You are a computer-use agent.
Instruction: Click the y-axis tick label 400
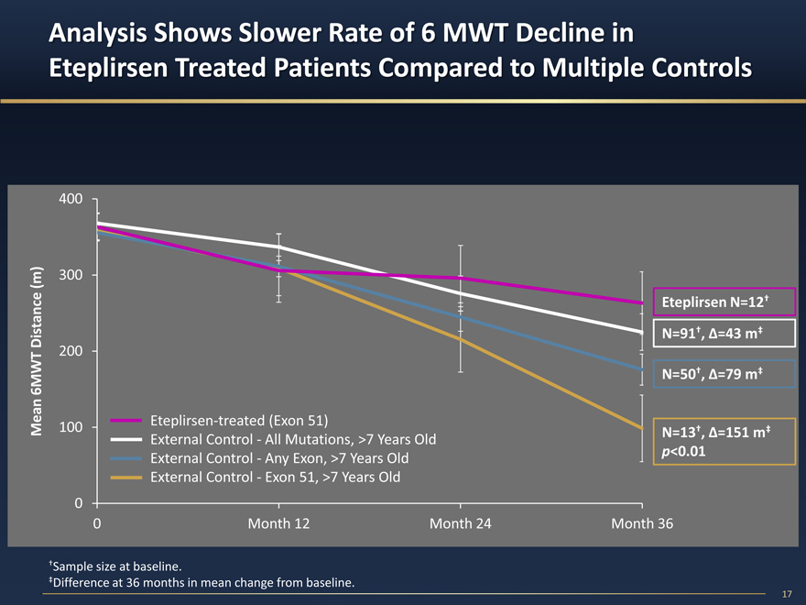click(72, 199)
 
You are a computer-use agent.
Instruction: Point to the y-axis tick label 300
click(72, 275)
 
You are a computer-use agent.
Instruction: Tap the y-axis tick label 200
click(72, 351)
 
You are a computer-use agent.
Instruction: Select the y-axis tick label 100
click(72, 427)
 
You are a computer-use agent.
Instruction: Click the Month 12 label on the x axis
click(278, 523)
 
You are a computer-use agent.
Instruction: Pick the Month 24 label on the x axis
click(460, 523)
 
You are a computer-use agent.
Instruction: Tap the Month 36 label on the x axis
click(641, 523)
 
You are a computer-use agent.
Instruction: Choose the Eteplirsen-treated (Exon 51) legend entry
click(239, 420)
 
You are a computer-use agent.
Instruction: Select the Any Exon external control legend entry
click(279, 458)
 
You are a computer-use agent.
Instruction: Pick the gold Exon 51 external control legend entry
click(275, 478)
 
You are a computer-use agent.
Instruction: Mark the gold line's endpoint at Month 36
click(641, 427)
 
